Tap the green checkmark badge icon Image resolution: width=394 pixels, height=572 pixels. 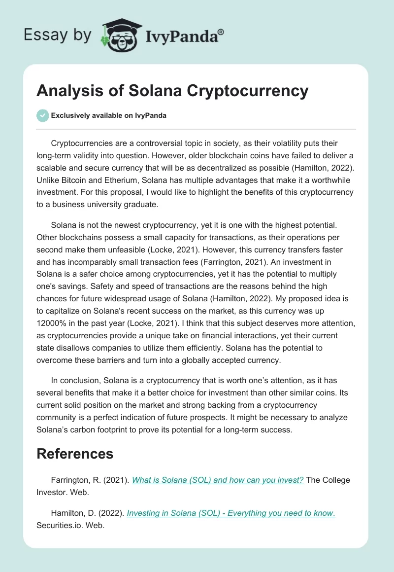click(42, 115)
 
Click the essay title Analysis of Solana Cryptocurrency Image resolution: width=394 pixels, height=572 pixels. click(172, 91)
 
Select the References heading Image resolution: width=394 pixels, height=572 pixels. click(75, 454)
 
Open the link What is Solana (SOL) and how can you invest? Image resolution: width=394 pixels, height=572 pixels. click(218, 480)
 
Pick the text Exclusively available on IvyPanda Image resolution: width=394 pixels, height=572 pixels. click(108, 115)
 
